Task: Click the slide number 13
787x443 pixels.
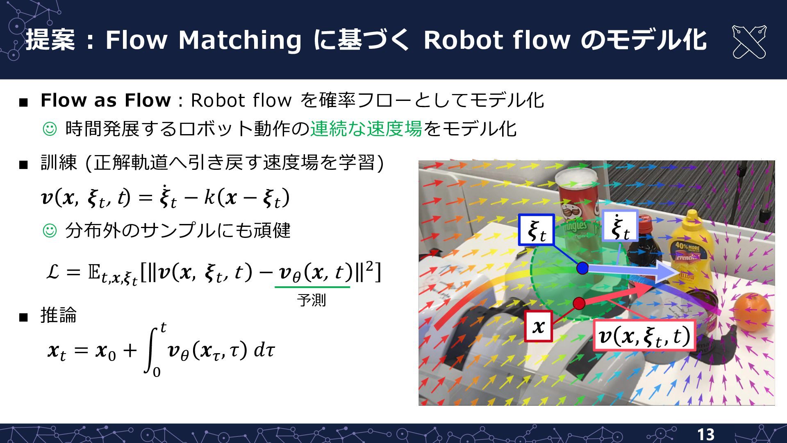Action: tap(705, 434)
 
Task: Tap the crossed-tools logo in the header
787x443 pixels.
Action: tap(749, 42)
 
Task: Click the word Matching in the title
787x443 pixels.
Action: tap(240, 41)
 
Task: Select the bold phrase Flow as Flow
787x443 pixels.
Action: tap(105, 100)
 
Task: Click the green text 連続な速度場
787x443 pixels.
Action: tap(366, 129)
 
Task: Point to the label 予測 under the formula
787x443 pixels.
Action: tap(312, 300)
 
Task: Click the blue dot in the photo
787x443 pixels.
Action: tap(582, 268)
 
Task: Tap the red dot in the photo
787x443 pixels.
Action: tap(579, 304)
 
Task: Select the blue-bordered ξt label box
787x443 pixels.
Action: tap(536, 230)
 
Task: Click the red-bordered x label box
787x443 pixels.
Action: tap(539, 327)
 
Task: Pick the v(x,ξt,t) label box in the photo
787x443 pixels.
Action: tap(644, 336)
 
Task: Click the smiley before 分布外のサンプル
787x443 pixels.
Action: tap(50, 231)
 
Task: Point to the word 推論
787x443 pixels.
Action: tap(59, 315)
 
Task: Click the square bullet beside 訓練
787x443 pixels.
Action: tap(23, 165)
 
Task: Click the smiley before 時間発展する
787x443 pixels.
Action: tap(50, 129)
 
